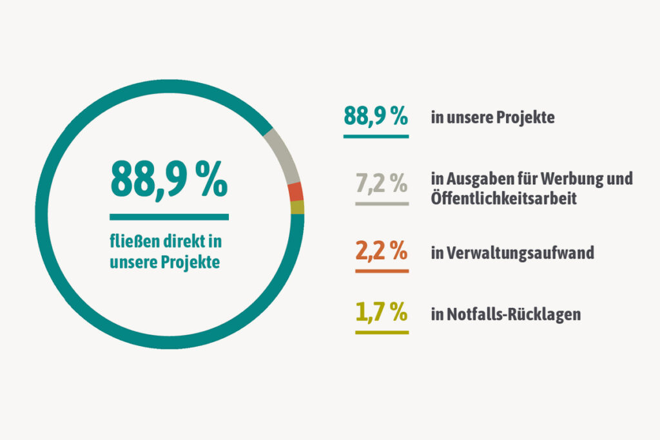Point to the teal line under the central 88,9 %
[x=169, y=217]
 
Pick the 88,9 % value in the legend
[x=376, y=117]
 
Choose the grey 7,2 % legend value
[x=382, y=184]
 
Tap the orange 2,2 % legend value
[x=382, y=251]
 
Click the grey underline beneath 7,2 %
[x=382, y=204]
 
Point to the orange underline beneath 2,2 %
[x=382, y=271]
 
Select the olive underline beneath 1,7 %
[x=382, y=332]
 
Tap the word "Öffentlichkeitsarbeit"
[x=503, y=198]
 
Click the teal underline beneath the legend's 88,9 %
[x=376, y=137]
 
